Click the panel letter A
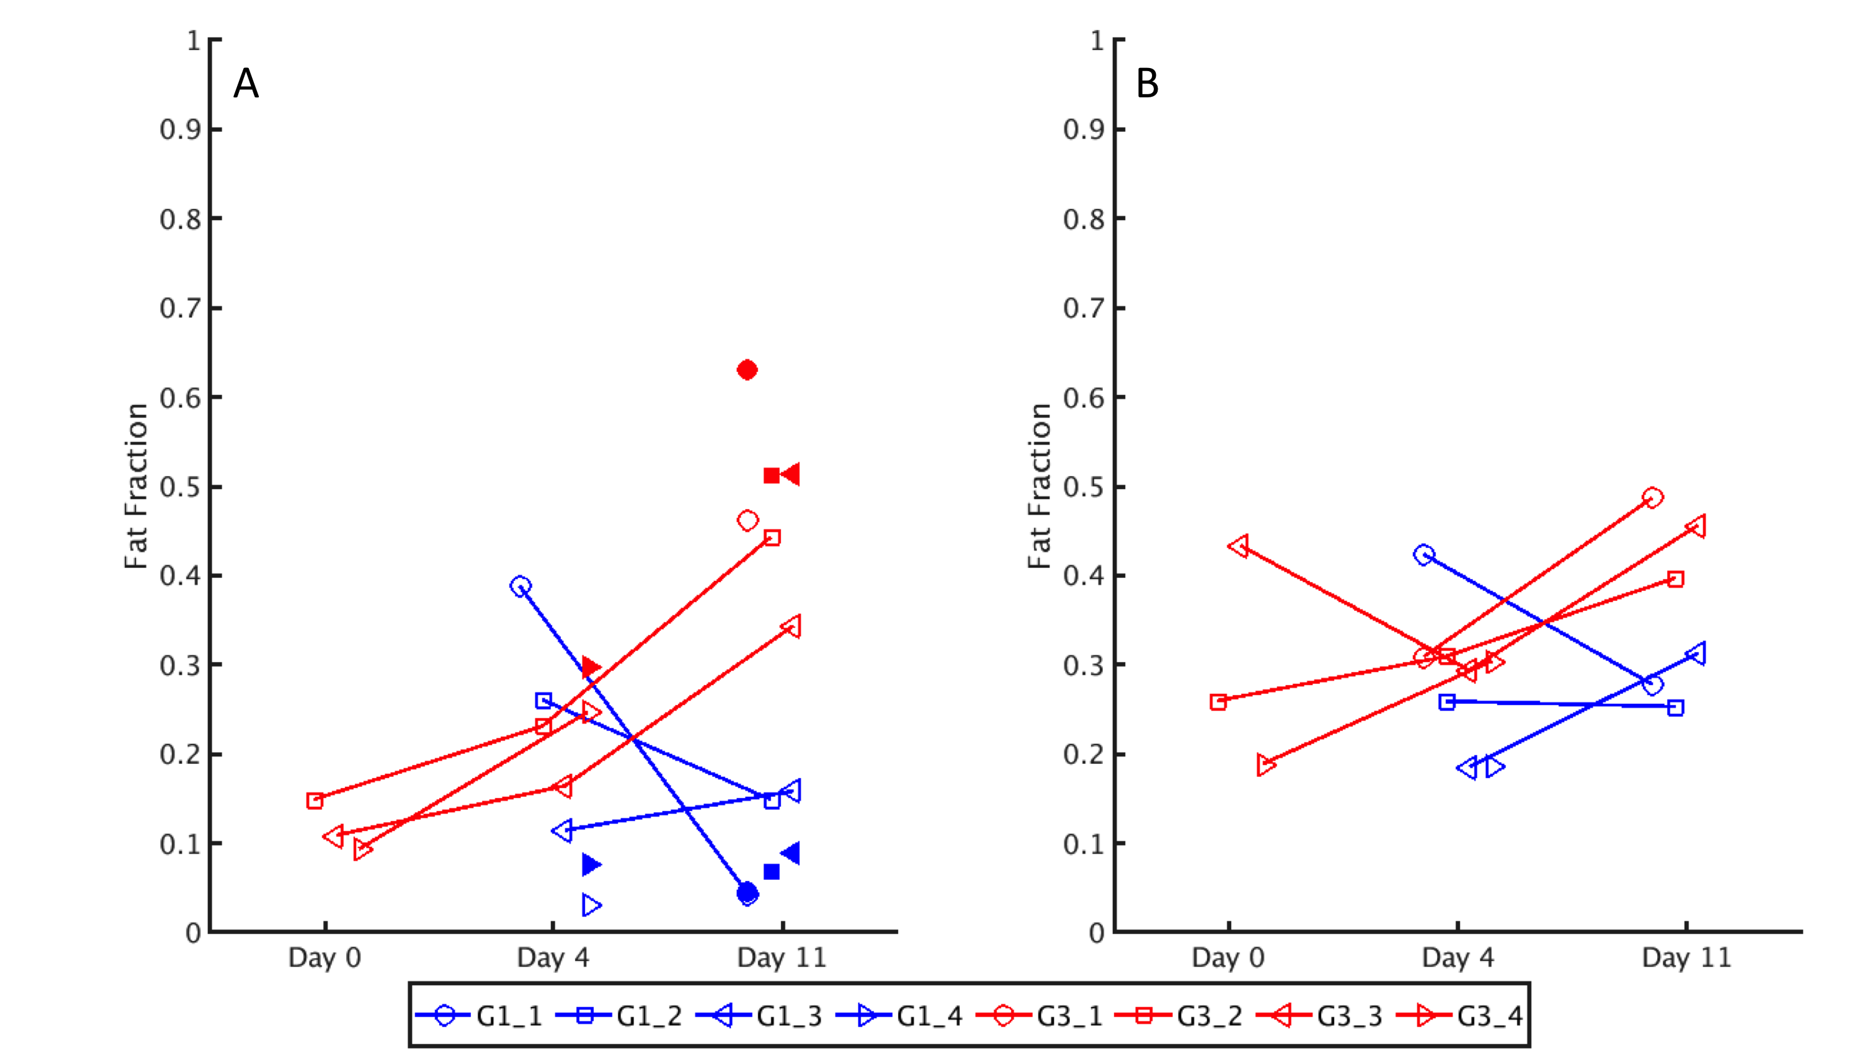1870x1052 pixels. point(246,84)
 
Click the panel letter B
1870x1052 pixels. point(1147,84)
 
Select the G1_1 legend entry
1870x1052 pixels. point(479,1016)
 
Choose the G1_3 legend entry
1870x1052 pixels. point(759,1016)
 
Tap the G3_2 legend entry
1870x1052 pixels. point(1180,1016)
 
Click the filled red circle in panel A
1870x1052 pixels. point(747,370)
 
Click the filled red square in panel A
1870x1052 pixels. point(771,475)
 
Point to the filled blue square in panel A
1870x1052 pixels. point(771,871)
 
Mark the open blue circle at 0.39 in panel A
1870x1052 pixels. point(520,586)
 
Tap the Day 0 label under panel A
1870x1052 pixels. point(324,958)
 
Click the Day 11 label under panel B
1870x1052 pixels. point(1687,958)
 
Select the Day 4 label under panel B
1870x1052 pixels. point(1458,958)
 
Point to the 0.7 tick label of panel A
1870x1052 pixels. point(180,309)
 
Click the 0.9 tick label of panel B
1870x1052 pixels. point(1084,130)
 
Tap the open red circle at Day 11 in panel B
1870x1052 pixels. point(1652,498)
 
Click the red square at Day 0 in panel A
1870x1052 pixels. point(314,801)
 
